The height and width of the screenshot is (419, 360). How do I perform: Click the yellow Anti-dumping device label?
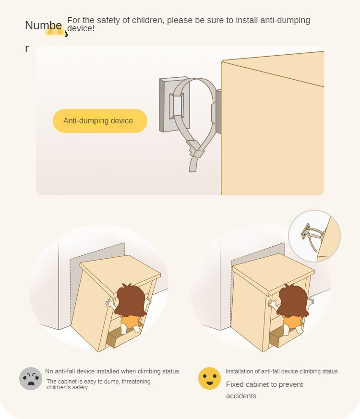[x=100, y=121]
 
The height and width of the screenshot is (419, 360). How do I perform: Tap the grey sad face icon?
[x=31, y=378]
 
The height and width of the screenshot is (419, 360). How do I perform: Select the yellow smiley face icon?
[x=210, y=378]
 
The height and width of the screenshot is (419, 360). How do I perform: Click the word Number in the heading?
[x=44, y=25]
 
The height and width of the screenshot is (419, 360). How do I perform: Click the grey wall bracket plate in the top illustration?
[x=174, y=105]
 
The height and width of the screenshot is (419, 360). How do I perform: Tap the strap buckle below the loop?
[x=196, y=149]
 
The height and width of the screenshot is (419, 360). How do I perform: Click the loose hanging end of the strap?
[x=193, y=164]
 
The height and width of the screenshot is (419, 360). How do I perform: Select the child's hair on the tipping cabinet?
[x=131, y=300]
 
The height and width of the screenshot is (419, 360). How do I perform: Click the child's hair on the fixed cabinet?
[x=293, y=300]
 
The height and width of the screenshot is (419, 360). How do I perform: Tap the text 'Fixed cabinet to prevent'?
[x=264, y=384]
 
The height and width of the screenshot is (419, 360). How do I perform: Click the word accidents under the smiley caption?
[x=241, y=396]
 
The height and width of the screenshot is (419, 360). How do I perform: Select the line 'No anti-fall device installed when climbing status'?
[x=112, y=371]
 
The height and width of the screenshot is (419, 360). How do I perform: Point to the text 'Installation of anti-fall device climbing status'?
[x=281, y=371]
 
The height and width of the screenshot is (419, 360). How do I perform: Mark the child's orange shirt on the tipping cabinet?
[x=130, y=321]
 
